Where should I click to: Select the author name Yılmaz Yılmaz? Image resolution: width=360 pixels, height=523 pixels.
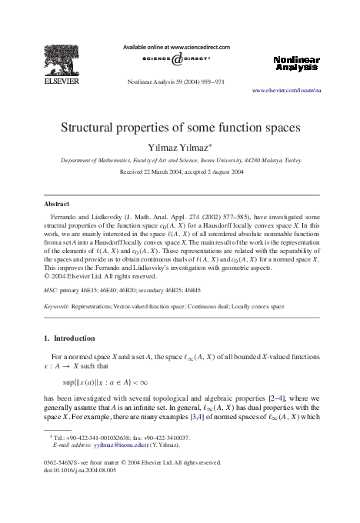pos(178,146)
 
